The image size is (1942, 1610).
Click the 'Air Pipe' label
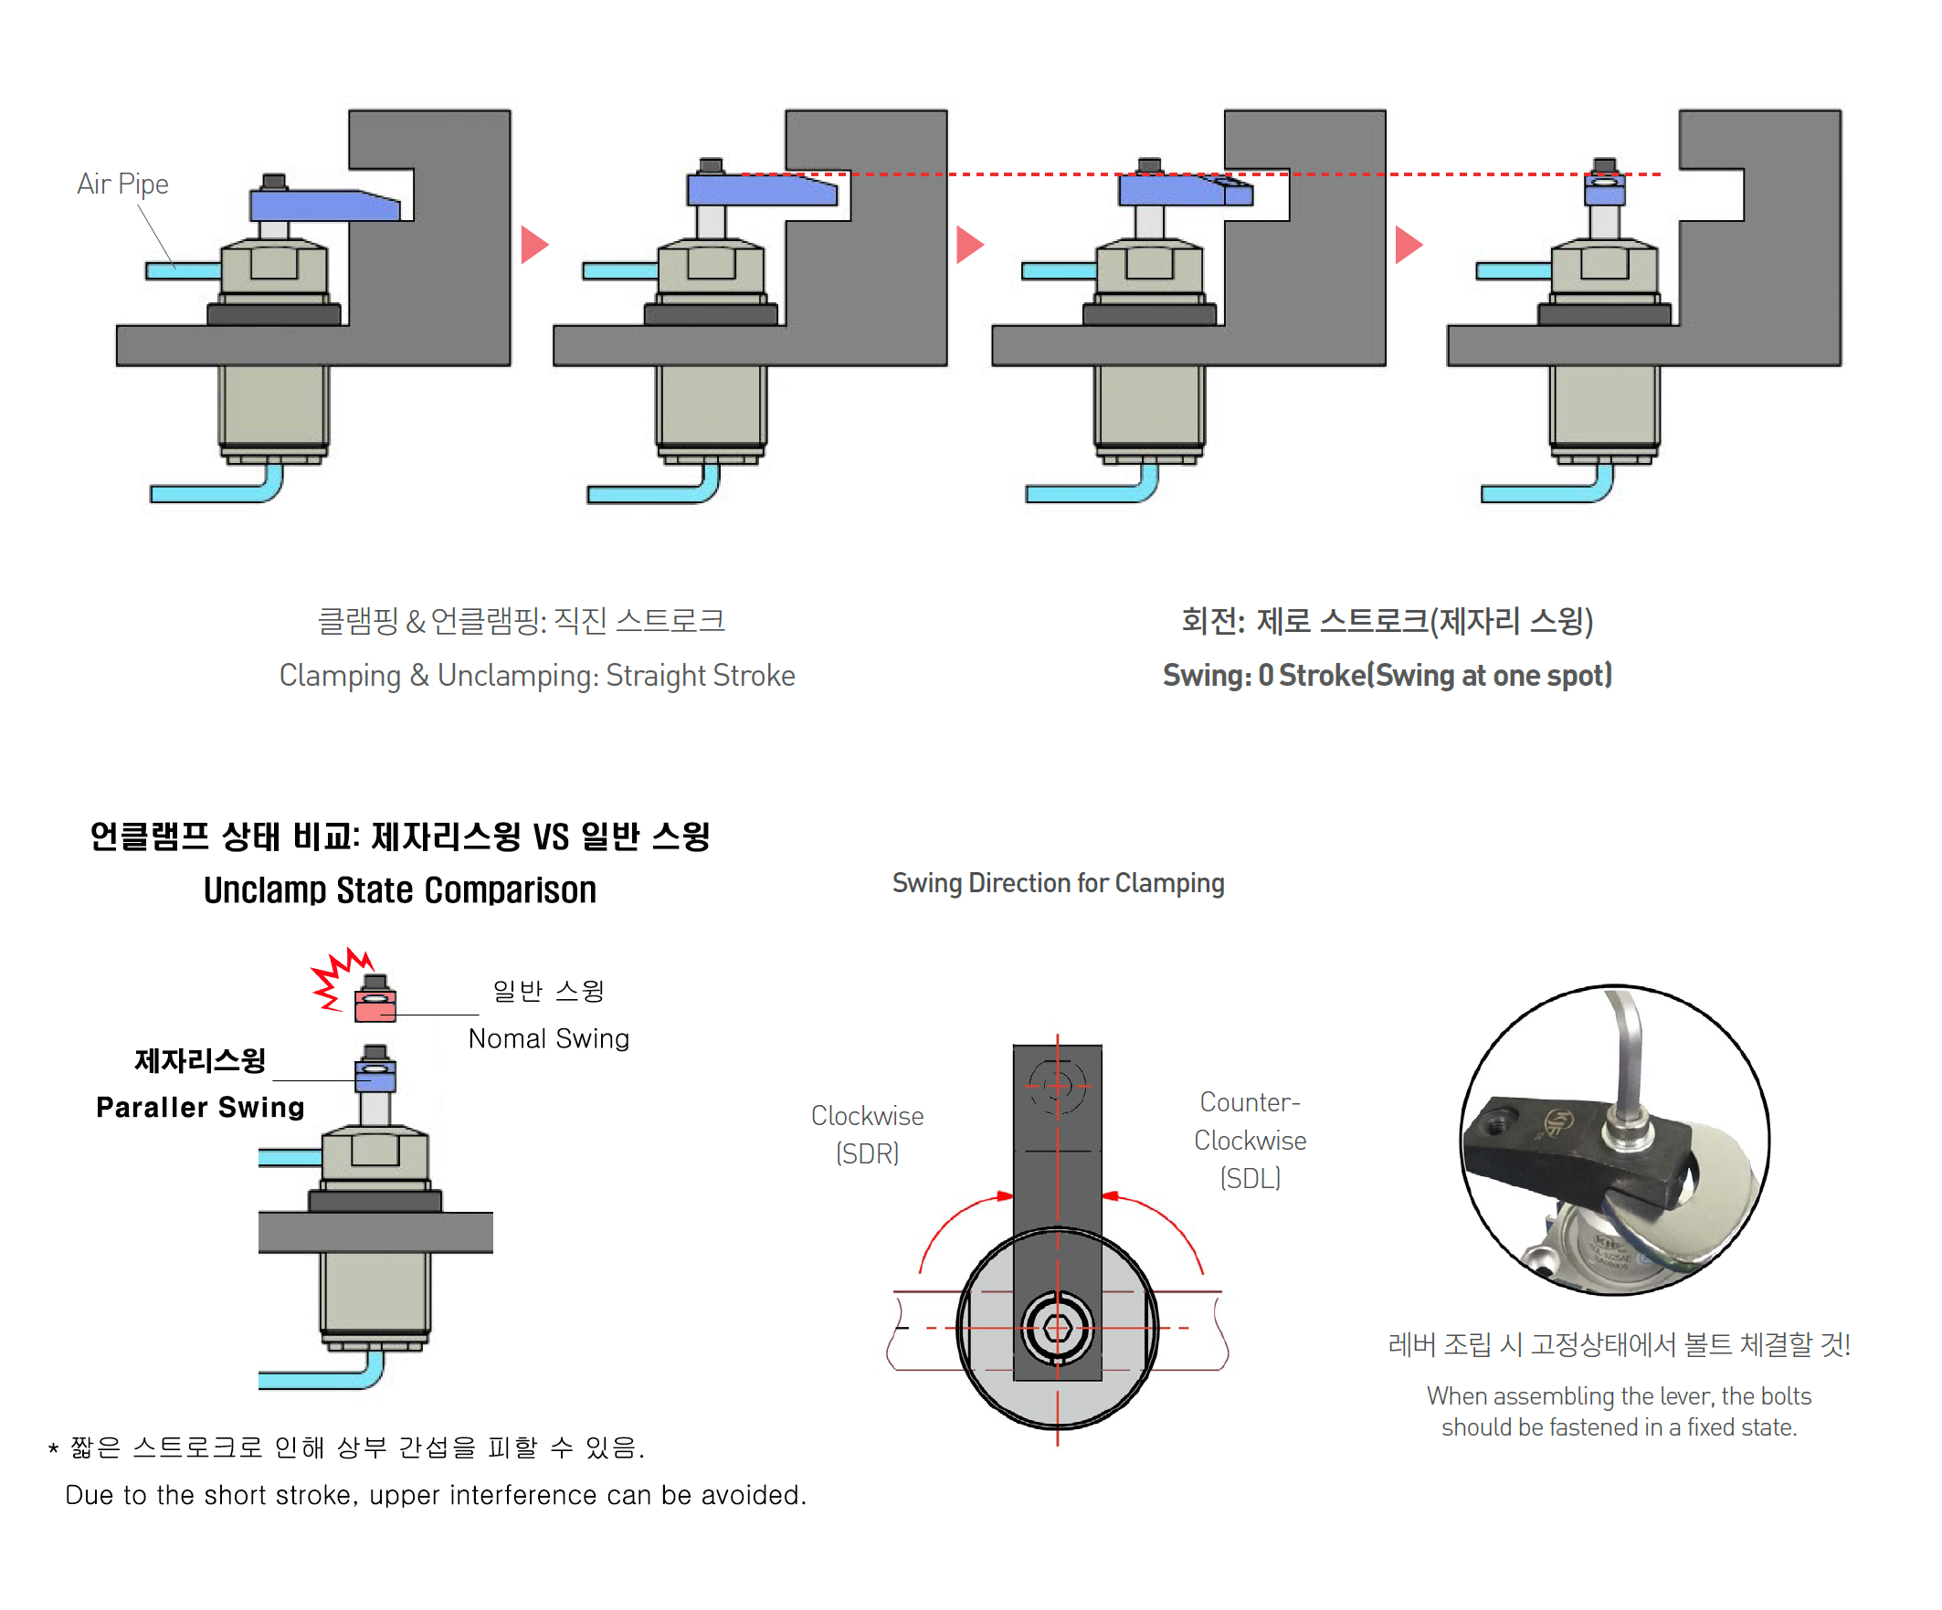tap(122, 184)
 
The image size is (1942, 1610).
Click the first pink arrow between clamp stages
tap(533, 245)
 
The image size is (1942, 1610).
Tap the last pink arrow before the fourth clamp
tap(1407, 245)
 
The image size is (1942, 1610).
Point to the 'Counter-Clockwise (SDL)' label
tap(1250, 1140)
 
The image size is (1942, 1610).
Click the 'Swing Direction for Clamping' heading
tap(1057, 883)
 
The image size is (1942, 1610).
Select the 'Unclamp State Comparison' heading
tap(399, 889)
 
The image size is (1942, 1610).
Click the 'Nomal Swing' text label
tap(548, 1038)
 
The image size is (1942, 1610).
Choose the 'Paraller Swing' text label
tap(200, 1107)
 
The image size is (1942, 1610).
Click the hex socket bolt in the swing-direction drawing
tap(1057, 1328)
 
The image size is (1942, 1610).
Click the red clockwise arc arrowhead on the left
tap(1004, 1195)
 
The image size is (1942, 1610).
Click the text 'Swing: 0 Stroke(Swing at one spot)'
tap(1387, 675)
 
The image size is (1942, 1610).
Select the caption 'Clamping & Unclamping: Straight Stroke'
tap(536, 675)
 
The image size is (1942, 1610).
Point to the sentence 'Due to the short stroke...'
tap(436, 1494)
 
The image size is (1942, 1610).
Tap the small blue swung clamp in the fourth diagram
tap(1604, 190)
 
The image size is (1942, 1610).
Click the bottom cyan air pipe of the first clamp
tap(213, 493)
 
